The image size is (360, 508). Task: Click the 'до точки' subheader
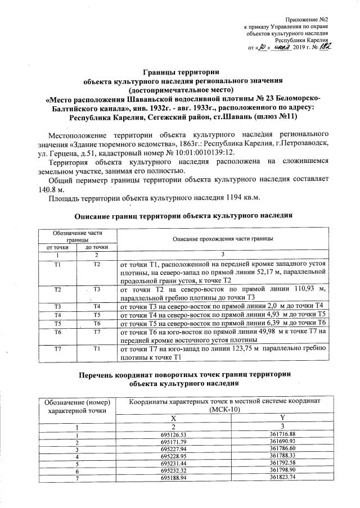pos(96,247)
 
